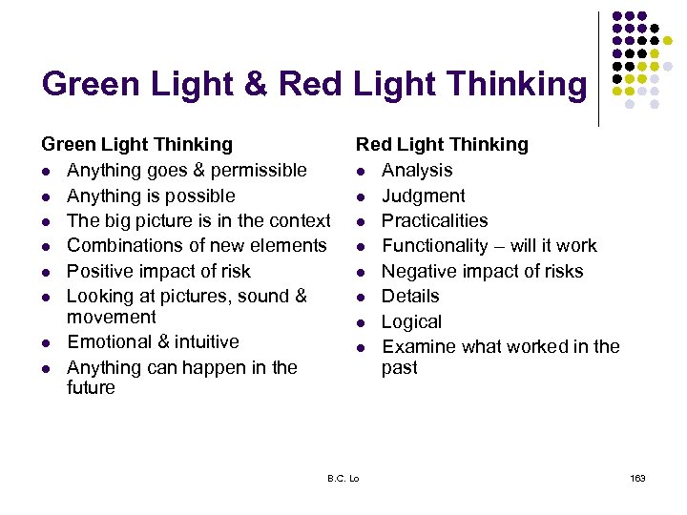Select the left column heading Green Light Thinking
pyautogui.click(x=136, y=145)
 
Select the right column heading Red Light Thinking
pyautogui.click(x=442, y=145)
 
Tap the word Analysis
pyautogui.click(x=417, y=171)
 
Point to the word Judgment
pyautogui.click(x=424, y=196)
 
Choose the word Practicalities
pyautogui.click(x=434, y=220)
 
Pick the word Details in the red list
pyautogui.click(x=410, y=297)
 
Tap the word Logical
pyautogui.click(x=412, y=321)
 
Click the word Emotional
pyautogui.click(x=109, y=341)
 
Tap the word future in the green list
pyautogui.click(x=91, y=388)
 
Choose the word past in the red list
pyautogui.click(x=400, y=367)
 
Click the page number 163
pyautogui.click(x=638, y=478)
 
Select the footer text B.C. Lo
pyautogui.click(x=343, y=478)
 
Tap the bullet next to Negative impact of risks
pyautogui.click(x=362, y=272)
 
